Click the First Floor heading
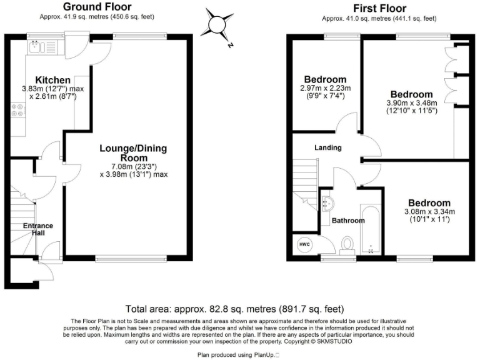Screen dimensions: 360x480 click(379, 8)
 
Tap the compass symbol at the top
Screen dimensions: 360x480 click(216, 24)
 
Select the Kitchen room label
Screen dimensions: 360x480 click(52, 80)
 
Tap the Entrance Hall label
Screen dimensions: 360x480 click(38, 229)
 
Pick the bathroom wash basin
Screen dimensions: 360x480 click(329, 202)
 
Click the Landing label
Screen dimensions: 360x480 click(328, 148)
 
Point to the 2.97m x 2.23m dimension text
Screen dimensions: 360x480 click(325, 88)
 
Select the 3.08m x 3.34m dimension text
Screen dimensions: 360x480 click(429, 211)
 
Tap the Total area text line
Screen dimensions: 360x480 click(234, 309)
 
